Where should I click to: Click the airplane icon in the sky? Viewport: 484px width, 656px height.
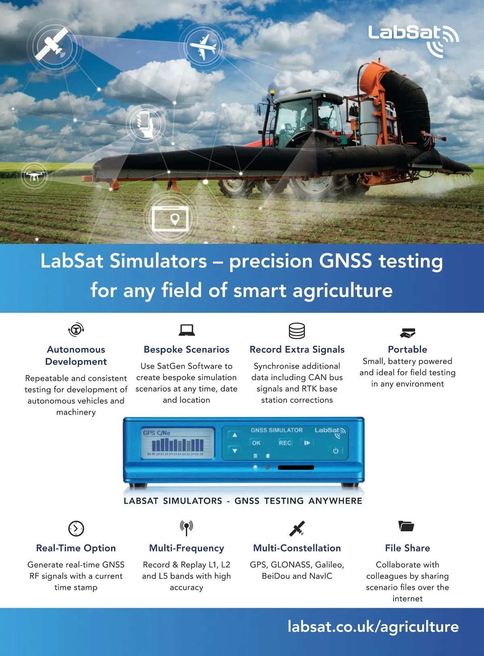pyautogui.click(x=203, y=46)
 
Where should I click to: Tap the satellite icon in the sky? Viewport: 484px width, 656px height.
pyautogui.click(x=52, y=44)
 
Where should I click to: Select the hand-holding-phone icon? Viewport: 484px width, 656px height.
pyautogui.click(x=146, y=123)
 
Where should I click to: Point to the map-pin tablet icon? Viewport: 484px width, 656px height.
pyautogui.click(x=170, y=218)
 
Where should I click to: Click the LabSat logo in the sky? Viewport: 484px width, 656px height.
pyautogui.click(x=413, y=40)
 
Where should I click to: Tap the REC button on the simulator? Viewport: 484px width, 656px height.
pyautogui.click(x=285, y=443)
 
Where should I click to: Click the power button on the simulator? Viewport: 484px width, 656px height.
pyautogui.click(x=336, y=451)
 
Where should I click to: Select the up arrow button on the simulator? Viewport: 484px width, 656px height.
pyautogui.click(x=234, y=435)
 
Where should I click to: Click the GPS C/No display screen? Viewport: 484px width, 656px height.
pyautogui.click(x=178, y=443)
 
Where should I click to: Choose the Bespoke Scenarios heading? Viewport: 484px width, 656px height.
pyautogui.click(x=187, y=349)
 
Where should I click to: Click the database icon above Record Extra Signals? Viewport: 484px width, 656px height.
pyautogui.click(x=297, y=330)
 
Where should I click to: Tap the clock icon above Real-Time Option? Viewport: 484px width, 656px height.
pyautogui.click(x=76, y=528)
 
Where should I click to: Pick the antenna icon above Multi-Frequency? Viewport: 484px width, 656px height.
pyautogui.click(x=187, y=528)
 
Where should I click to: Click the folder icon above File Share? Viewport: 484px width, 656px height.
pyautogui.click(x=406, y=526)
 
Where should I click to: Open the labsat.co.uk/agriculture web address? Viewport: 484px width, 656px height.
pyautogui.click(x=373, y=627)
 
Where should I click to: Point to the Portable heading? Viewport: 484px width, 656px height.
pyautogui.click(x=407, y=349)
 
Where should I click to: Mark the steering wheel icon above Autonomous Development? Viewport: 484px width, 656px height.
pyautogui.click(x=76, y=330)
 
